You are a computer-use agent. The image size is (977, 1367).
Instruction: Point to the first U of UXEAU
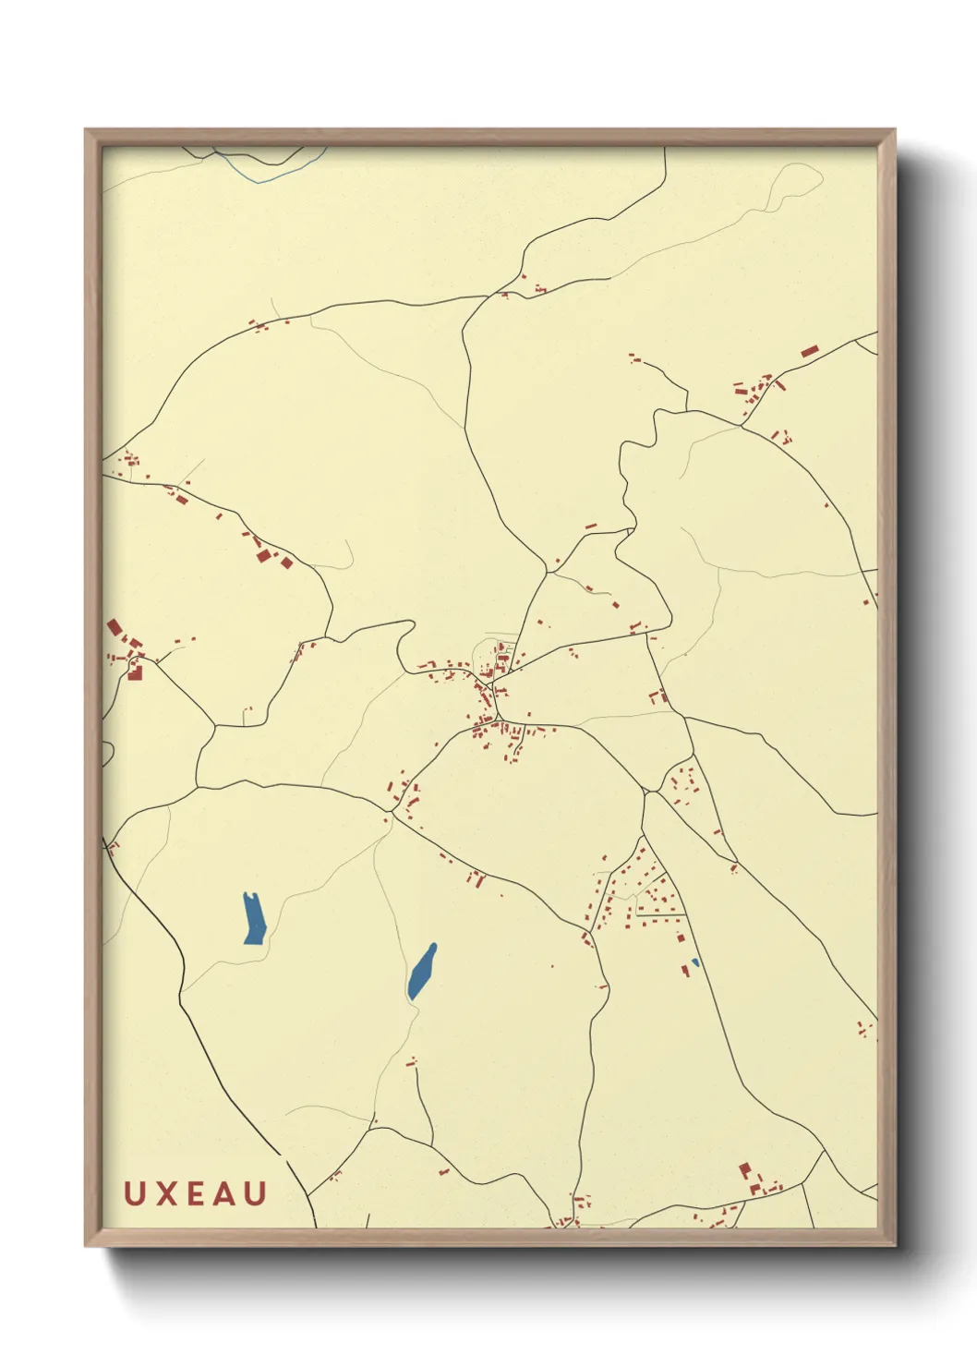pos(133,1193)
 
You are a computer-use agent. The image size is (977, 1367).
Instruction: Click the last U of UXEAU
pos(257,1193)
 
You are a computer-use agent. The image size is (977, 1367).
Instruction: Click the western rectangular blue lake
pos(253,918)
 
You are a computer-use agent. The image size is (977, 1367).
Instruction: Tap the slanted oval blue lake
pos(422,972)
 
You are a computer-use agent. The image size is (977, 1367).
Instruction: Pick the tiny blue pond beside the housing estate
pos(695,962)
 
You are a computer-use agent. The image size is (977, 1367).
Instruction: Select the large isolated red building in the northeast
pos(810,351)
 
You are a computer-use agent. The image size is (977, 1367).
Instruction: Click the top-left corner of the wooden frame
pos(86,130)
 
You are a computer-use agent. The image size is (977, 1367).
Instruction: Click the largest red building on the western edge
pos(115,628)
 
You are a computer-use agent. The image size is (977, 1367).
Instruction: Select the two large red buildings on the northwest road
pos(273,557)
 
